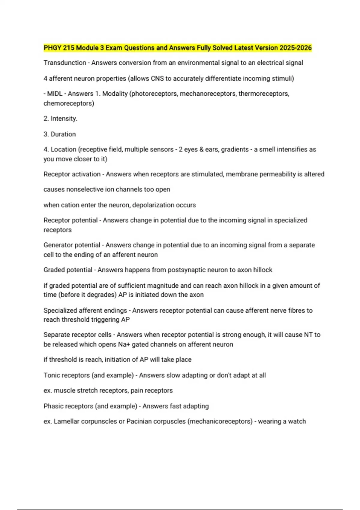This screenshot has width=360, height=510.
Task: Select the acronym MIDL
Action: tap(55, 94)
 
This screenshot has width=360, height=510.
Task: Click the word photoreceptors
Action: tap(154, 94)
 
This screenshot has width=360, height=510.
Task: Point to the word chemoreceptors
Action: tap(69, 103)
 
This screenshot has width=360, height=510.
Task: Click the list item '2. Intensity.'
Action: tap(60, 118)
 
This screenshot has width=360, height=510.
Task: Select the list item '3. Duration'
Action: tap(60, 134)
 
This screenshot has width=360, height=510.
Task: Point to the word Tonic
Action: tap(51, 375)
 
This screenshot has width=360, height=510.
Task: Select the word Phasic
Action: tap(53, 406)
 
